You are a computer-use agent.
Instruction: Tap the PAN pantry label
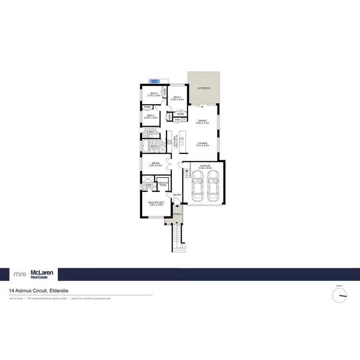click(177, 120)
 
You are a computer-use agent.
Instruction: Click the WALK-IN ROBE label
click(162, 184)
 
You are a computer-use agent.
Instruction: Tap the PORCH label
click(177, 214)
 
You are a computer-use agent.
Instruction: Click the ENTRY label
click(177, 194)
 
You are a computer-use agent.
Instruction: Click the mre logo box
click(20, 274)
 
